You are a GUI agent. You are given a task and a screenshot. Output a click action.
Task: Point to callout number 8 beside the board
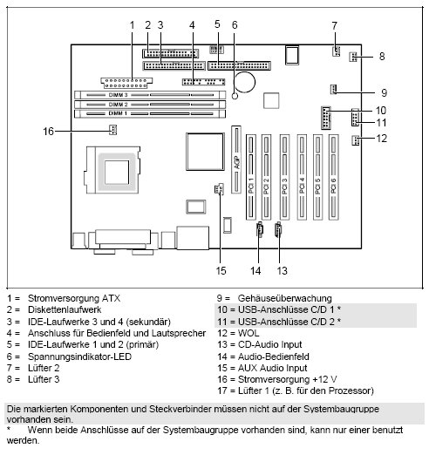[381, 57]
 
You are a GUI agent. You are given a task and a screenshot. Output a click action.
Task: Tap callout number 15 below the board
[220, 258]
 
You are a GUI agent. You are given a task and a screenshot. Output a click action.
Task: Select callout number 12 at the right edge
[381, 138]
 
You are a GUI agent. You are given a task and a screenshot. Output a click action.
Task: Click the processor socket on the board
[118, 166]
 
